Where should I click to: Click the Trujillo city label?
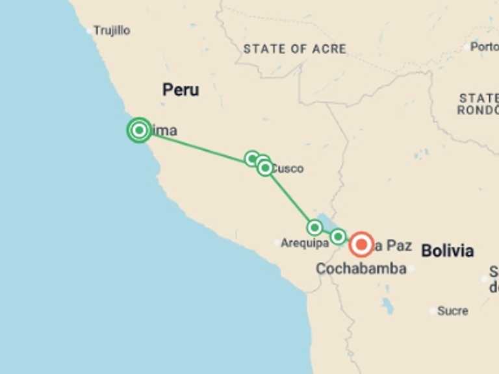(x=112, y=31)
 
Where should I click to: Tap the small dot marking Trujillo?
(x=90, y=31)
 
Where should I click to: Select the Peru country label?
(x=181, y=90)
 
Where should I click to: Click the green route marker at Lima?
(x=138, y=131)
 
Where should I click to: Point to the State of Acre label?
(x=294, y=49)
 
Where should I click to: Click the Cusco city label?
(x=288, y=169)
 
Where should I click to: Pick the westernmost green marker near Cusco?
(x=252, y=158)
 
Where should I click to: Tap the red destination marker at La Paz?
(x=361, y=245)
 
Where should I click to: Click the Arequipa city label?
(x=304, y=243)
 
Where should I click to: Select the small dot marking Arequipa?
(x=277, y=243)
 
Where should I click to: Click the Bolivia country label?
(x=447, y=251)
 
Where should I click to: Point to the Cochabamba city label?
(x=361, y=268)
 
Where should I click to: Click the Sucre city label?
(x=453, y=311)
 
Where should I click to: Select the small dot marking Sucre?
(x=433, y=311)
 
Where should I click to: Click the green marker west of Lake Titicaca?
(x=314, y=227)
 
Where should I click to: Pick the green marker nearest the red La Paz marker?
(x=338, y=236)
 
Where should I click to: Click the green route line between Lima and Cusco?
(x=195, y=145)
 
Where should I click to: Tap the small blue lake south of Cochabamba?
(x=388, y=305)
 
